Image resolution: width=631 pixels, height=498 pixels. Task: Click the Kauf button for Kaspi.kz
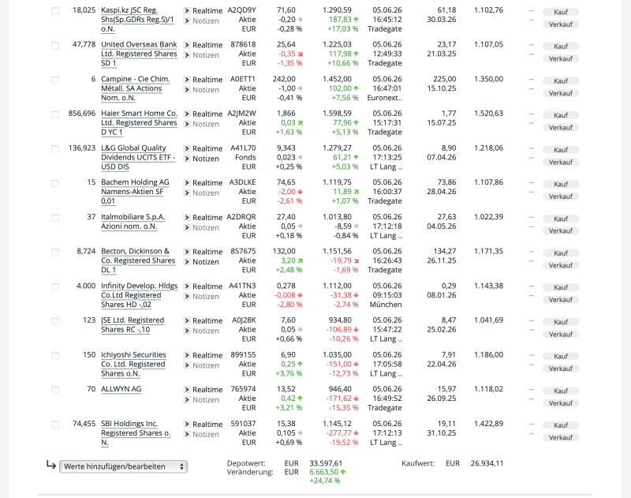coord(561,12)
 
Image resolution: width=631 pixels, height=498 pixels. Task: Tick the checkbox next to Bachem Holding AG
coord(55,184)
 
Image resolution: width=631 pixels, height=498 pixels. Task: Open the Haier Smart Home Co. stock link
coord(140,123)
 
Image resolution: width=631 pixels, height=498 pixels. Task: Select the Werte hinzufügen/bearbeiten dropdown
coord(124,466)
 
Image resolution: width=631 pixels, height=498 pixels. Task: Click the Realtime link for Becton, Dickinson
coord(207,252)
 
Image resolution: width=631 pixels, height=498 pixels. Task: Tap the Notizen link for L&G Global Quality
coord(206,159)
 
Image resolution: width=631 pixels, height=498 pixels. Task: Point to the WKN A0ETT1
coord(243,79)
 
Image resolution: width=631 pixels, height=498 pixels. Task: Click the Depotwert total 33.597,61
coord(326,463)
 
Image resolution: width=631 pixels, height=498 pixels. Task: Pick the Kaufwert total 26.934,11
coord(487,463)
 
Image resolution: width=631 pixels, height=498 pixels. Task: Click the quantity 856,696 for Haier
coord(82,114)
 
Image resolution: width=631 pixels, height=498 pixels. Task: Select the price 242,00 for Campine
coord(284,79)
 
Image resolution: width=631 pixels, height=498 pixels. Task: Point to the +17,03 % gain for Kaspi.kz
coord(342,29)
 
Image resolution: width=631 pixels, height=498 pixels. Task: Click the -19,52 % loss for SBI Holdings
coord(343,443)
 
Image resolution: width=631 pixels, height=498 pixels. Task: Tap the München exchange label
coord(386,305)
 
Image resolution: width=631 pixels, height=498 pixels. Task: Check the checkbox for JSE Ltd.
coord(55,321)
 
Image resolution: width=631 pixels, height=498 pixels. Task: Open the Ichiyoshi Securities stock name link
coord(133,364)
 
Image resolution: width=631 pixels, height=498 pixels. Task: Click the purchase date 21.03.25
coord(442,54)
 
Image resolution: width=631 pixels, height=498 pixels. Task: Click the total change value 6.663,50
coord(324,472)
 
